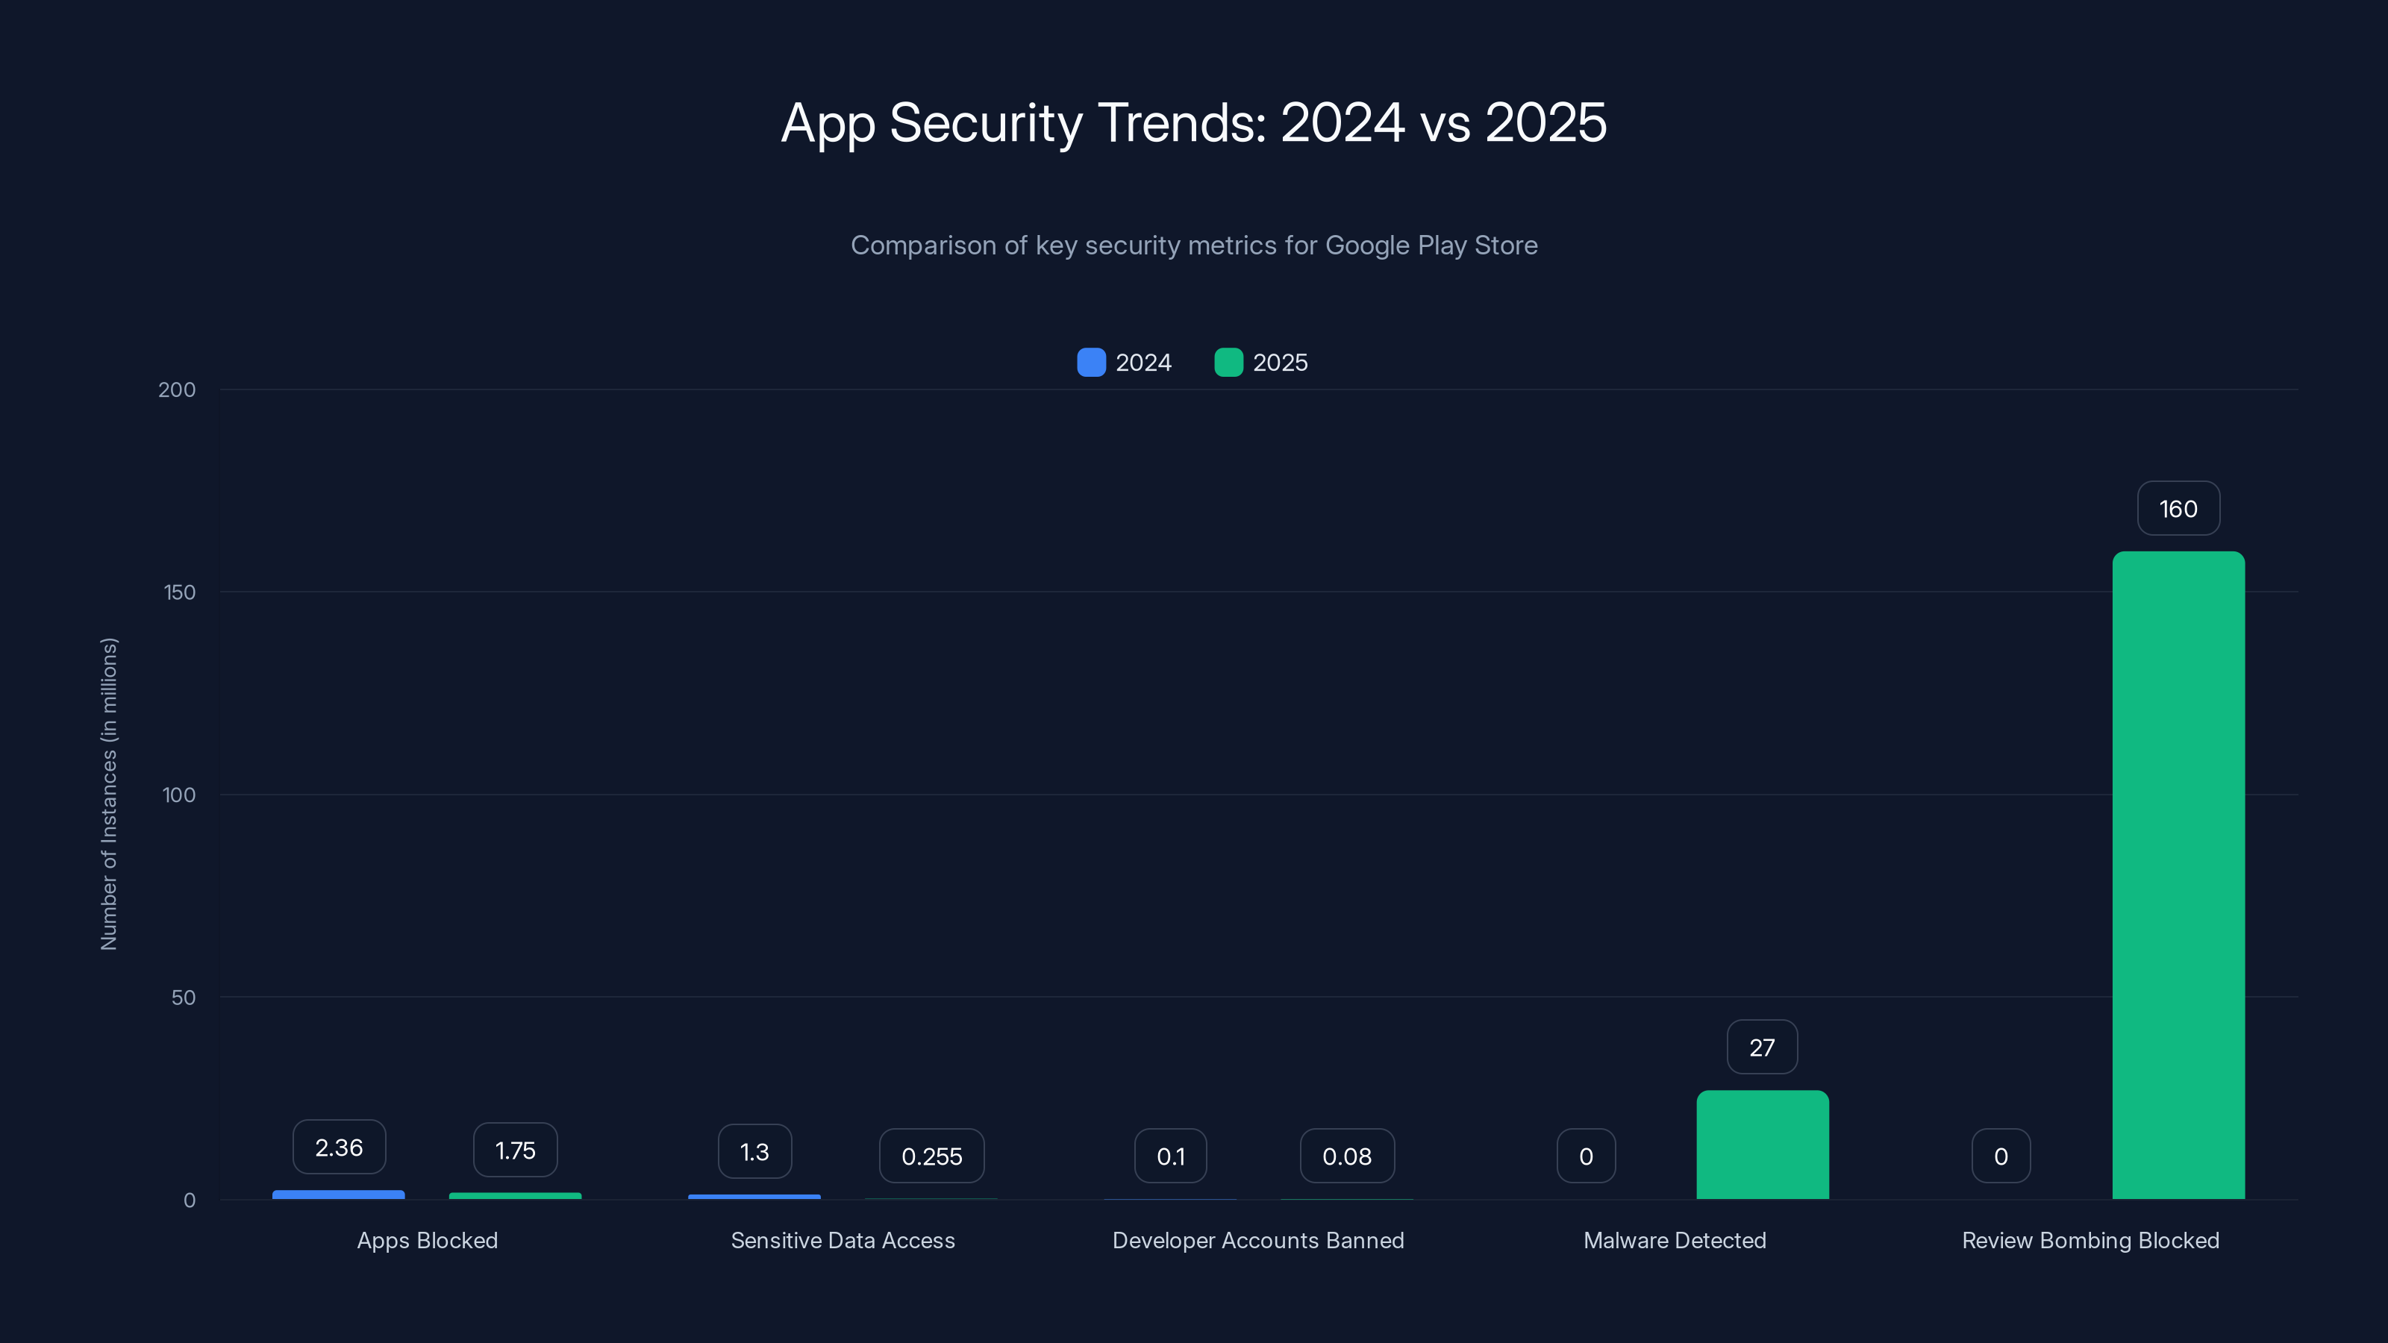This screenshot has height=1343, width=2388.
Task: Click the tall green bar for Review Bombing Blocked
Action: click(x=2178, y=875)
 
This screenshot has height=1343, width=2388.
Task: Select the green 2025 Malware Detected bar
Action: click(x=1761, y=1145)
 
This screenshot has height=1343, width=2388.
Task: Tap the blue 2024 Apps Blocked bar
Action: click(x=338, y=1195)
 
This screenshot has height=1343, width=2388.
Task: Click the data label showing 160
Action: click(x=2178, y=509)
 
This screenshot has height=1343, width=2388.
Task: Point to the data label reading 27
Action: click(x=1761, y=1048)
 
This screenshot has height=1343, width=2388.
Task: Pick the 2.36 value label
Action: click(x=338, y=1148)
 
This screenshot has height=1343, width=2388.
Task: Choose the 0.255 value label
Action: click(x=931, y=1156)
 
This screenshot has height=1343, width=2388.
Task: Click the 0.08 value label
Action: click(x=1346, y=1156)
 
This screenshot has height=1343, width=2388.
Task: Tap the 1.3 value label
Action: click(x=754, y=1151)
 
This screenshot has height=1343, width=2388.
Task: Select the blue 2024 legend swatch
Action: click(x=1091, y=363)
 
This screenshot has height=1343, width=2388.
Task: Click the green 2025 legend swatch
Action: click(x=1228, y=363)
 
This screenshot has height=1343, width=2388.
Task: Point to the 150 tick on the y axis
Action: click(x=179, y=592)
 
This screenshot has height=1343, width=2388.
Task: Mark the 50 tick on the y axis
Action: click(x=183, y=998)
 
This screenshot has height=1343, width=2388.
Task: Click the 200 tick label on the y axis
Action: click(x=176, y=389)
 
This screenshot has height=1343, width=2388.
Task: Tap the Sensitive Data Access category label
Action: click(x=843, y=1240)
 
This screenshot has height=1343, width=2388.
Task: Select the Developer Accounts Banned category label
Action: click(x=1258, y=1240)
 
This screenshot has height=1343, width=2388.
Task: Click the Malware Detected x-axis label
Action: click(x=1674, y=1240)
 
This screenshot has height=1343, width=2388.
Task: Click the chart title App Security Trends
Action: click(x=1194, y=122)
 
